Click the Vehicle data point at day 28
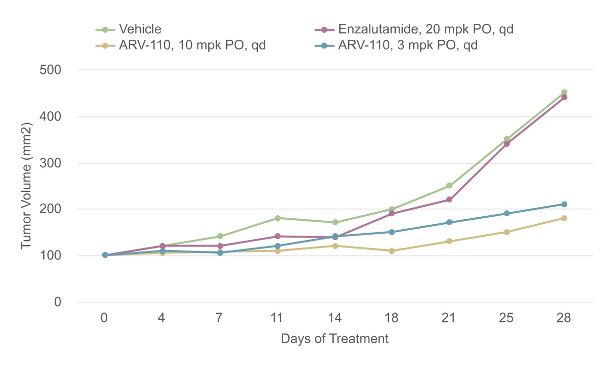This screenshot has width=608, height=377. click(564, 92)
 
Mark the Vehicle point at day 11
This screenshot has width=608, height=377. click(277, 218)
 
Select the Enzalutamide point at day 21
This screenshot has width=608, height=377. click(449, 199)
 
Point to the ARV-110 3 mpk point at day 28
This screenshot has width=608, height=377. click(564, 204)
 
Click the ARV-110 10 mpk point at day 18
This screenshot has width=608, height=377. click(391, 251)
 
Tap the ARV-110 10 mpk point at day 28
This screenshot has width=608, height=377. click(564, 218)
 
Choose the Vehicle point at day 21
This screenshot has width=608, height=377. click(449, 186)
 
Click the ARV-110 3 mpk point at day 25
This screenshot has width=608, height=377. click(506, 213)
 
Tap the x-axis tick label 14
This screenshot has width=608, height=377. click(334, 318)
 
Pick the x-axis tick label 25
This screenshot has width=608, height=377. click(506, 318)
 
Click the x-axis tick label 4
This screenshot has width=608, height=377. click(162, 318)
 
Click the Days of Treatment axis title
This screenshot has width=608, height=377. click(335, 339)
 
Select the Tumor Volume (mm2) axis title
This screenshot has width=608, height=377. click(26, 186)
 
